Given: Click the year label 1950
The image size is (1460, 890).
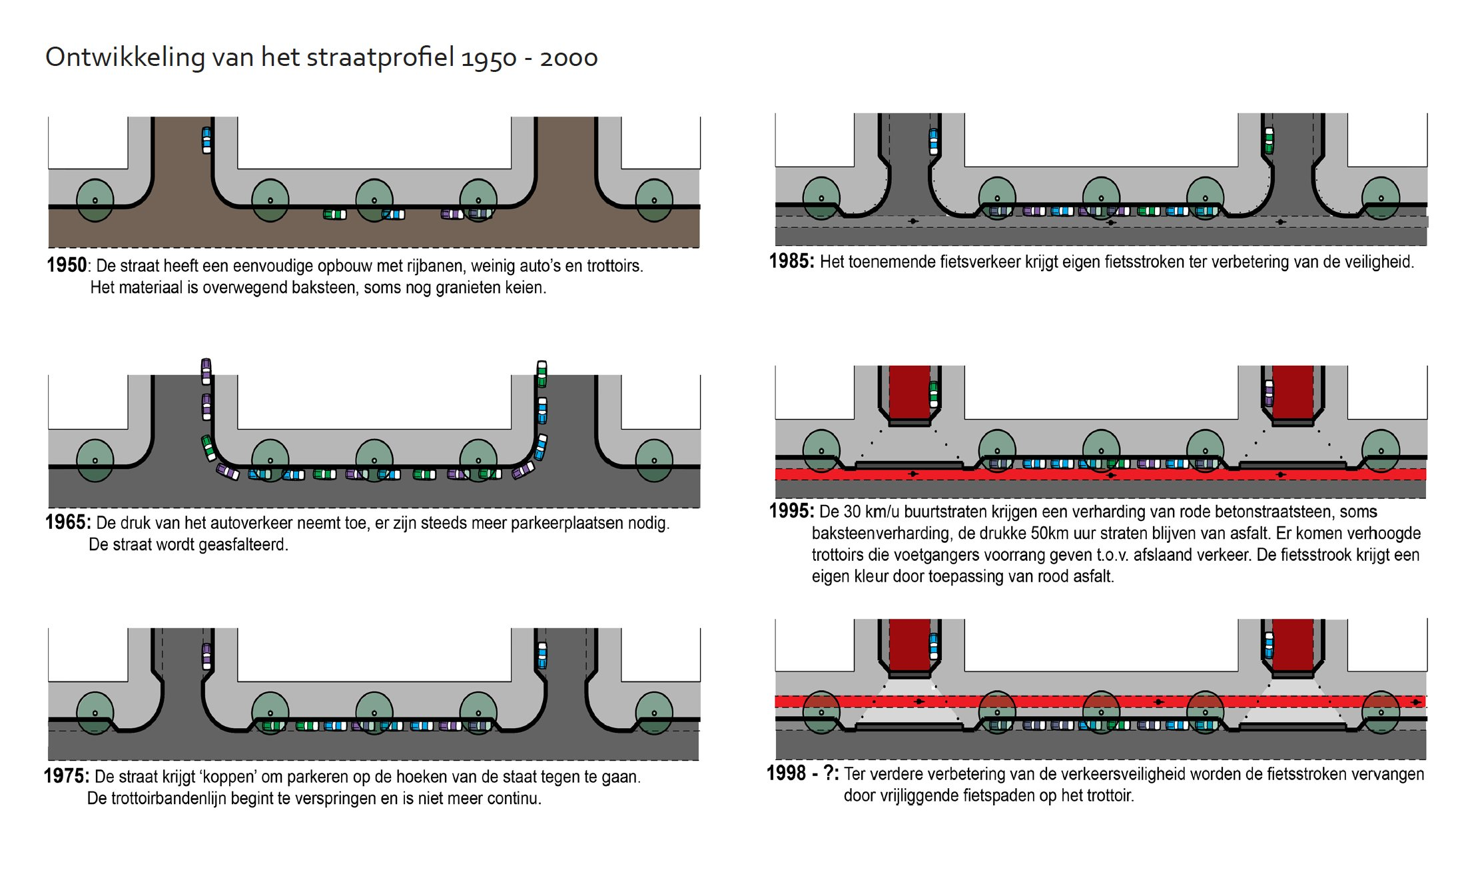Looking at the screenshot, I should coord(67,265).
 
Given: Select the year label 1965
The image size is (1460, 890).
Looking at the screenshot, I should coord(67,522).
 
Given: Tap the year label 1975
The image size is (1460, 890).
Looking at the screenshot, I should coord(66,776).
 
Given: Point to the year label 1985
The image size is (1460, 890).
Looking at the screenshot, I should coord(791,261).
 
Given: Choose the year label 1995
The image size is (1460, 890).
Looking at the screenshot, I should coord(791,511).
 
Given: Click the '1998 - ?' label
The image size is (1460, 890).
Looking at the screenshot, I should coord(802,773).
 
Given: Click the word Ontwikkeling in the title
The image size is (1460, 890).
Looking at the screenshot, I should coord(125,57).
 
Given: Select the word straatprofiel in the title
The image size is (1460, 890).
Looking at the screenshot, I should coord(380,57).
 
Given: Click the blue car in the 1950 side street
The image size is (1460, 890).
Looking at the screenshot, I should coord(206,140).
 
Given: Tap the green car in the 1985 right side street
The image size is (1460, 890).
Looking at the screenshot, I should coord(1269,141).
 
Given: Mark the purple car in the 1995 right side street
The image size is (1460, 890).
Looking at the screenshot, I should coord(1268,393).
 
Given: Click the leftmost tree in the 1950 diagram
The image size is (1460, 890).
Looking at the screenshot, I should coord(95,200).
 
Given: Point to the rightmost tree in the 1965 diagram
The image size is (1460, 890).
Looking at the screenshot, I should coord(654,460).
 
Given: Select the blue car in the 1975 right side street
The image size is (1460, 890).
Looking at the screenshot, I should coord(542,656).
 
